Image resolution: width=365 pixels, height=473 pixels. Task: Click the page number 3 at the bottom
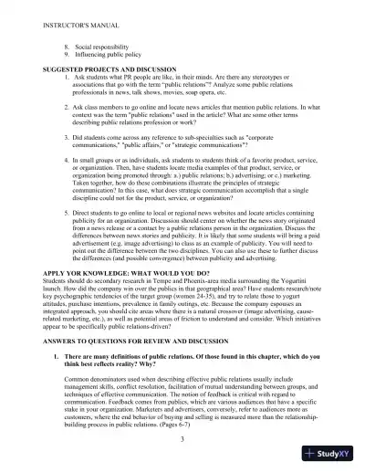pyautogui.click(x=182, y=440)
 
